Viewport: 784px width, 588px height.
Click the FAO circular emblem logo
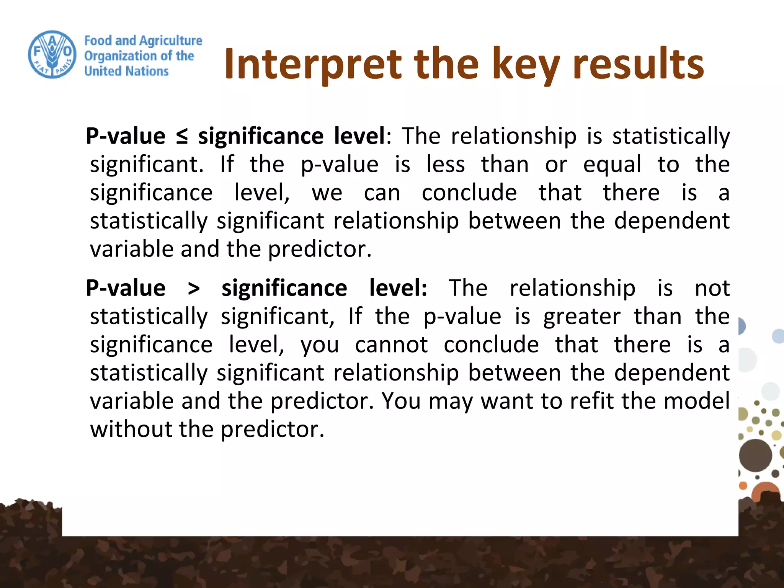52,55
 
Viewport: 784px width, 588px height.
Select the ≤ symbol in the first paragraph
182,137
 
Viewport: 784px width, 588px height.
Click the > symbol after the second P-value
194,289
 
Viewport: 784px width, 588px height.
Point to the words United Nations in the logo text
126,72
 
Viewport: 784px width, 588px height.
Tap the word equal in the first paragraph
612,165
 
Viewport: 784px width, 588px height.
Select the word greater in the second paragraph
581,317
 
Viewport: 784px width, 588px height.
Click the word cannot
391,345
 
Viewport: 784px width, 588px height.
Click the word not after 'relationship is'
712,288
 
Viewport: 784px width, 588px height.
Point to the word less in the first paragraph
446,165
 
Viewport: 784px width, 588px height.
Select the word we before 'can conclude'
327,193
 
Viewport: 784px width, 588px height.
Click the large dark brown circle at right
755,455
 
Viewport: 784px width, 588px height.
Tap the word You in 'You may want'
401,401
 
